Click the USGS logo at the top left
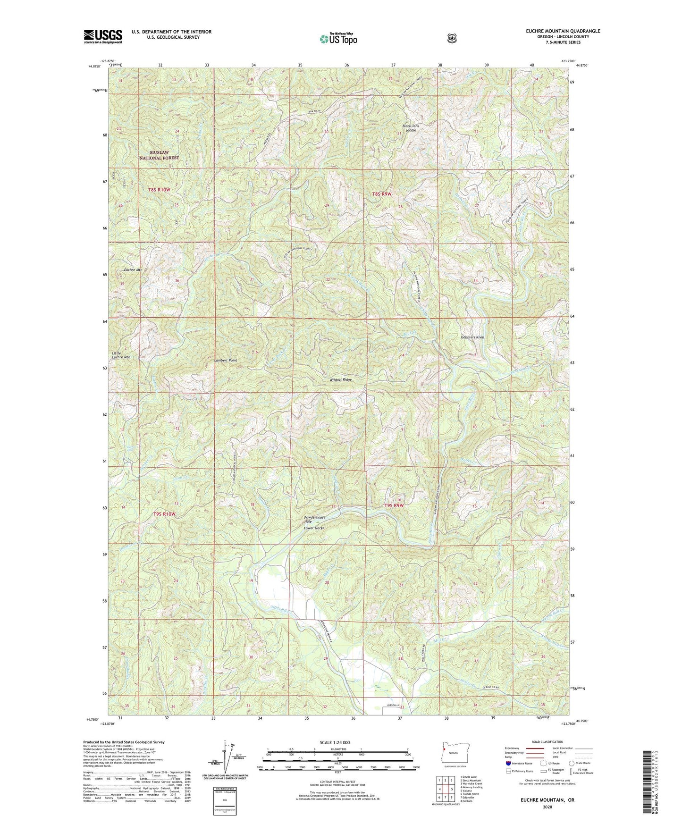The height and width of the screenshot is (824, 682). [103, 36]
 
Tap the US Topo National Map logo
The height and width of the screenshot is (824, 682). [338, 39]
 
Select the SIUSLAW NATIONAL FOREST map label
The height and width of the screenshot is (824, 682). [159, 155]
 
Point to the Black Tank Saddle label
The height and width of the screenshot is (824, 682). [411, 128]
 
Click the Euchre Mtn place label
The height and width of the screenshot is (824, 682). [133, 270]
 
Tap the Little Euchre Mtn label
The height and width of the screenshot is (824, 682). [121, 355]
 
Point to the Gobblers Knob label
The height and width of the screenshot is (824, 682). [472, 337]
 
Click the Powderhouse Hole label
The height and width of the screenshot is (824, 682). [314, 519]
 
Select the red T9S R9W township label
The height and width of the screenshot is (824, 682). [394, 505]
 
